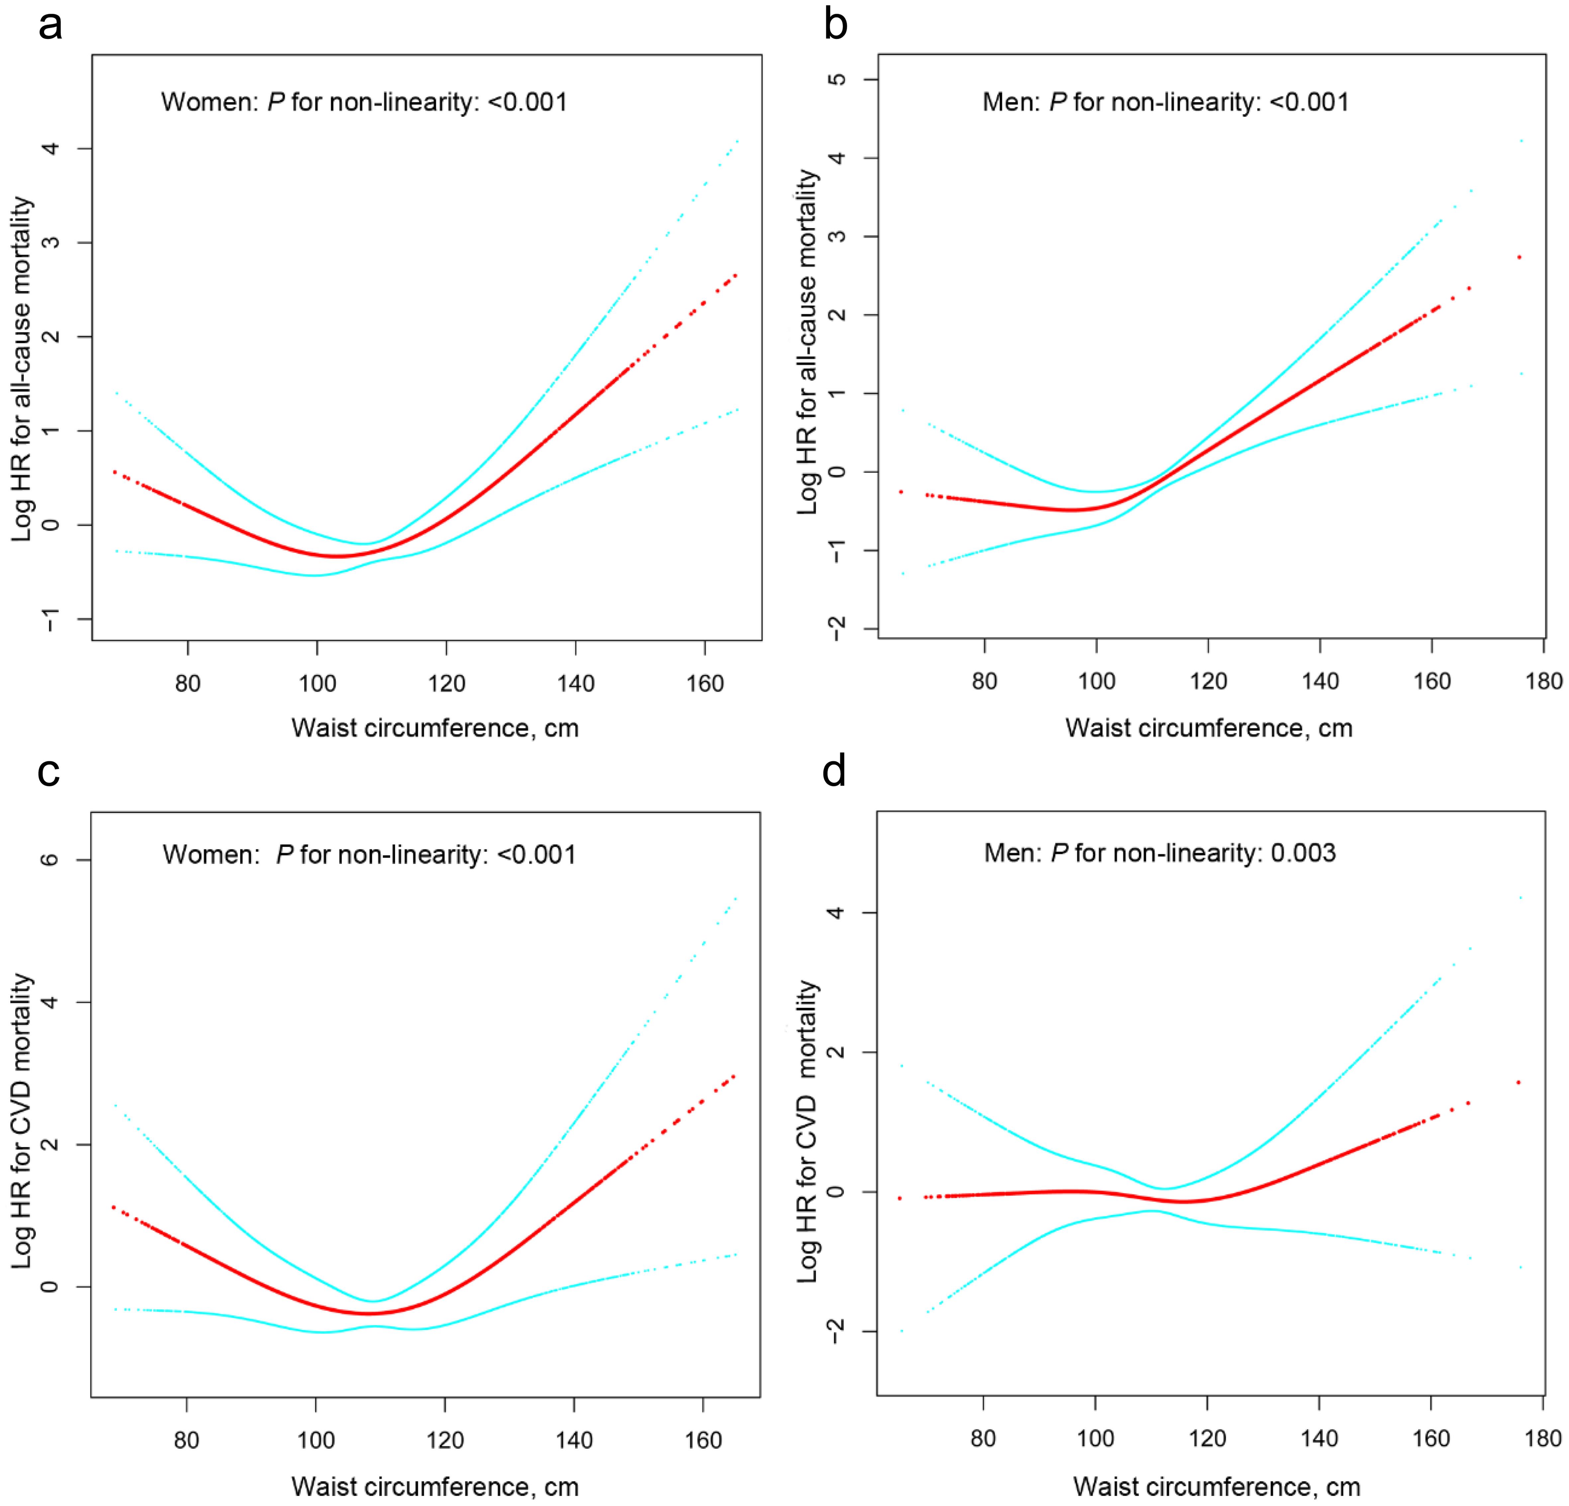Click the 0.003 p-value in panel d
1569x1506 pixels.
[1303, 854]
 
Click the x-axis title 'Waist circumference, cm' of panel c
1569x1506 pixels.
[435, 1487]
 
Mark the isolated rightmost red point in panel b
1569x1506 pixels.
[1519, 257]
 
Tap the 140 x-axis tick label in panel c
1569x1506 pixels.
[574, 1440]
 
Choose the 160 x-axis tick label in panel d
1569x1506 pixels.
[1431, 1439]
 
